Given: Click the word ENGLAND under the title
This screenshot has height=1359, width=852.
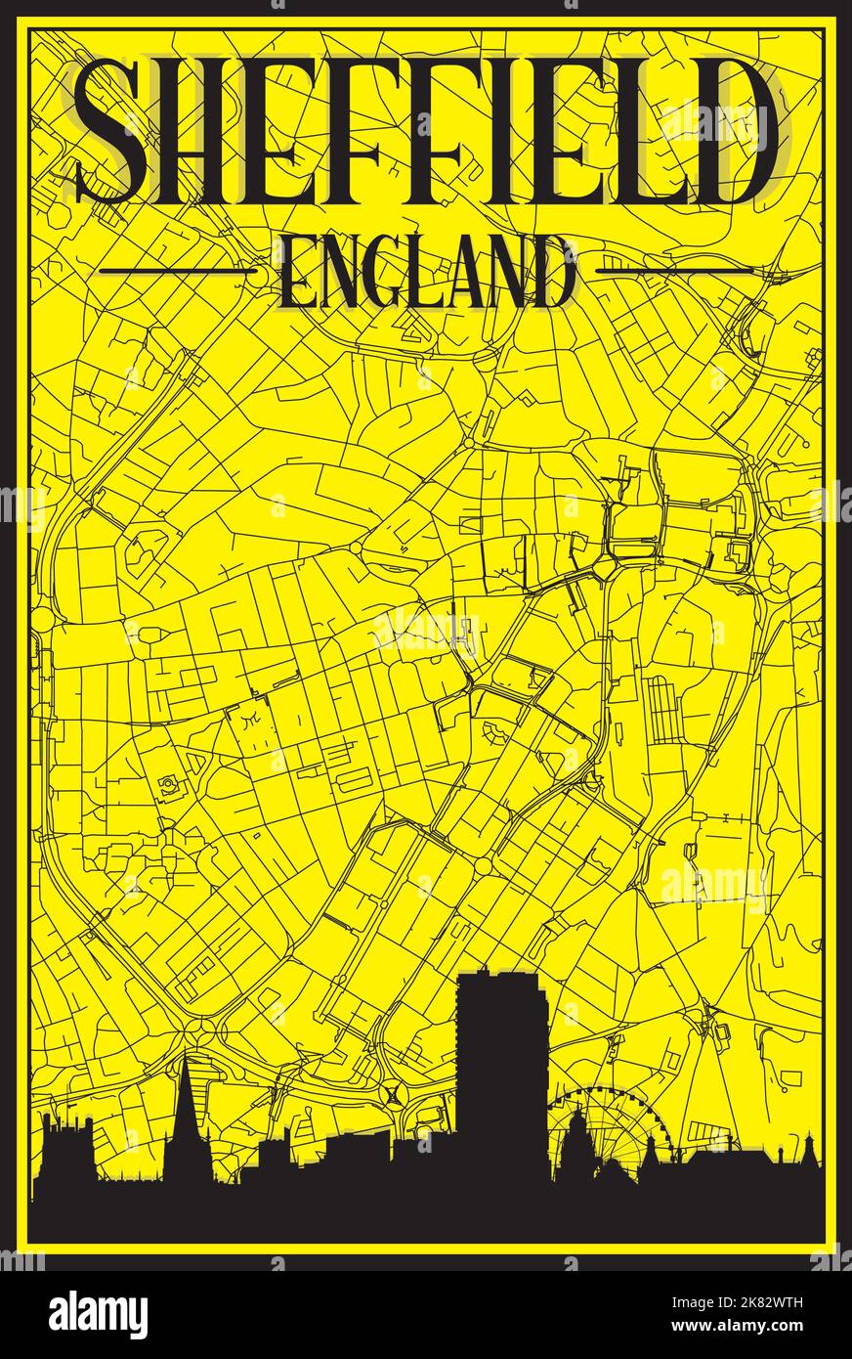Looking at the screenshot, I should [426, 272].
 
